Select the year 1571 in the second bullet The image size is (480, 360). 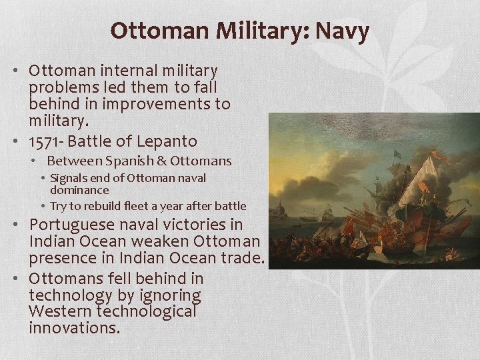[44, 141]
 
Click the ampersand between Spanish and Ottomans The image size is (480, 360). [163, 161]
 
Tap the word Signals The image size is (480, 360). [70, 179]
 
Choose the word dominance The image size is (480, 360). [79, 190]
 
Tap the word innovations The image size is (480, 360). [73, 328]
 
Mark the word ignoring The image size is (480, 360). [170, 295]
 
